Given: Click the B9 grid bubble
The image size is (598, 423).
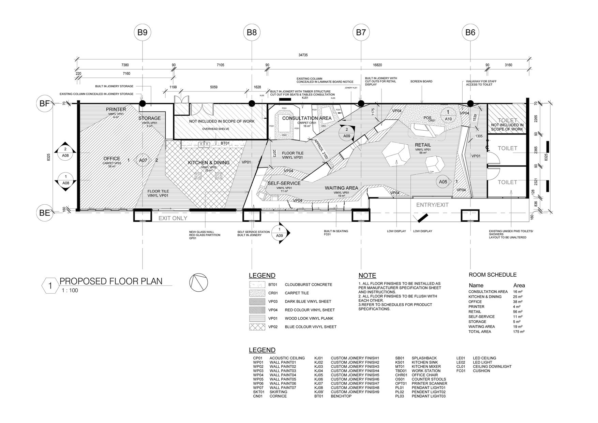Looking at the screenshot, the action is [142, 32].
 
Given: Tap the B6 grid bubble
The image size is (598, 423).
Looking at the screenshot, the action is [470, 32].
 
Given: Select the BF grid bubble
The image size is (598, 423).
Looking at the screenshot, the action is [45, 103].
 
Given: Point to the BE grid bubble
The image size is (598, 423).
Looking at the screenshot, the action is [45, 213].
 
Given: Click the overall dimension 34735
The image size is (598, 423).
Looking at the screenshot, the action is [303, 55].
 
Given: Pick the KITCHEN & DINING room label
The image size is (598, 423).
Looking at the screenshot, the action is [209, 163].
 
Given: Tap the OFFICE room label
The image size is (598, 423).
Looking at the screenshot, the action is [112, 159].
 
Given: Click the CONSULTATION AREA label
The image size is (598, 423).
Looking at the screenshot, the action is [307, 118].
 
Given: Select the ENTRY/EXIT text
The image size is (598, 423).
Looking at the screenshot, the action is [432, 205].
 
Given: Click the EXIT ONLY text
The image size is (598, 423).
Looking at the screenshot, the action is [173, 218].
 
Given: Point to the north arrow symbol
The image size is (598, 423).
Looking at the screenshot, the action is [198, 283].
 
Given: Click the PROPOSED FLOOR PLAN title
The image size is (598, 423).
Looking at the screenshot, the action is [111, 281].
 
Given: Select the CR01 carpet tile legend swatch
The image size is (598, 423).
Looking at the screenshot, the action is [257, 293].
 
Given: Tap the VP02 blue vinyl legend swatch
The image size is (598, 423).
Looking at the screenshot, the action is [257, 327].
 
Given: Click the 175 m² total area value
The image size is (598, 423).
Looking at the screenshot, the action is [519, 332].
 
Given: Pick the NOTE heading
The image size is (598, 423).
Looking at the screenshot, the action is [367, 276].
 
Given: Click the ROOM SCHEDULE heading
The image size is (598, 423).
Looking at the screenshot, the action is [492, 275].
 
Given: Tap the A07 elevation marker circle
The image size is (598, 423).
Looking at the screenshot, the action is [143, 160].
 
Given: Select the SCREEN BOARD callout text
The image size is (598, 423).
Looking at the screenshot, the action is [421, 82].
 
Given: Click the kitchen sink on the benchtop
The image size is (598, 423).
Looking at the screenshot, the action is [204, 144].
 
